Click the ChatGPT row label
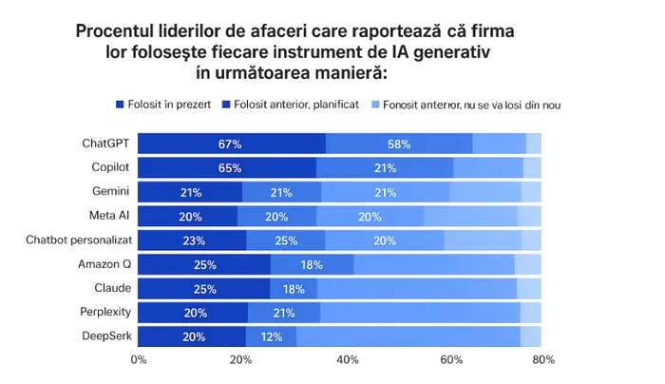(105, 144)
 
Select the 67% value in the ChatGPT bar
(229, 144)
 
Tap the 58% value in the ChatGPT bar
(398, 144)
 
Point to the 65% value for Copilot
(229, 168)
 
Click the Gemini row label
(110, 191)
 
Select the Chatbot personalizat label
(78, 240)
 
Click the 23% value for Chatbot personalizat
(192, 240)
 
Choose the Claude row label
(112, 287)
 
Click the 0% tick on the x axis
(139, 360)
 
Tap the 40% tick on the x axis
(348, 360)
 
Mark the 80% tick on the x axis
(543, 360)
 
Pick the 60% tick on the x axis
(450, 360)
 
